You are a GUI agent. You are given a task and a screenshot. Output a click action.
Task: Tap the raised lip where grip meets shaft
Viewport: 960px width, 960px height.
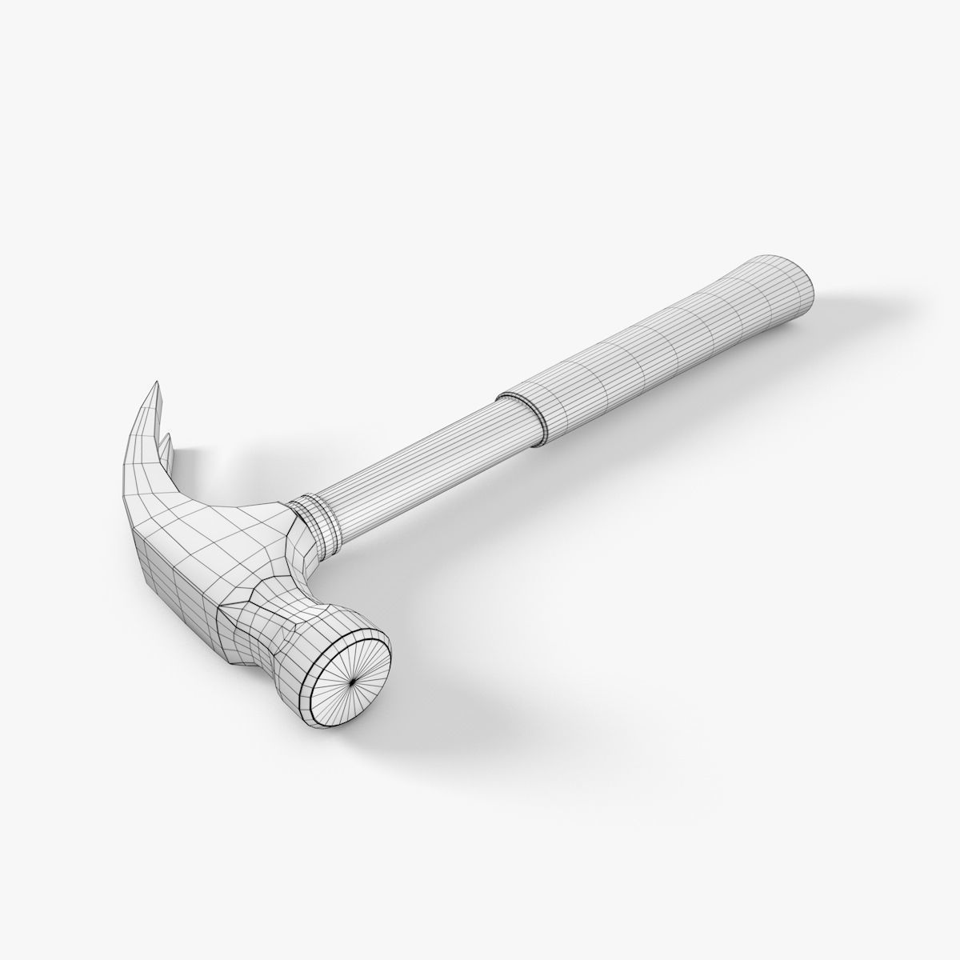[x=520, y=414]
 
